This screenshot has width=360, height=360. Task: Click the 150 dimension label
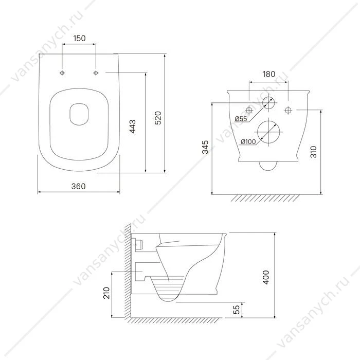(x=79, y=39)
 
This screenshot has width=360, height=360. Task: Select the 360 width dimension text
(x=78, y=186)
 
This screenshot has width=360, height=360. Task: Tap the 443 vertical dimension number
(x=133, y=127)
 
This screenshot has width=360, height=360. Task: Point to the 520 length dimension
(x=158, y=118)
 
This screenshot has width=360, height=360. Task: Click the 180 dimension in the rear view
(x=268, y=74)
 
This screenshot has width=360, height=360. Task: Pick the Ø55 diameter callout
(x=241, y=119)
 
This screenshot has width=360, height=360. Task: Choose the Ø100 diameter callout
(x=248, y=142)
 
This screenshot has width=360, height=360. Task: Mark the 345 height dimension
(x=205, y=147)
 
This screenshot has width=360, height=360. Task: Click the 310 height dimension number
(x=313, y=152)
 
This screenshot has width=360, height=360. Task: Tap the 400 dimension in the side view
(x=266, y=277)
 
